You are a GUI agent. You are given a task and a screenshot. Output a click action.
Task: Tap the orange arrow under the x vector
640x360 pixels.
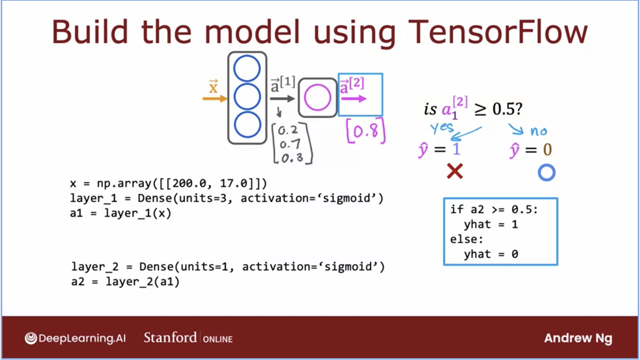215,99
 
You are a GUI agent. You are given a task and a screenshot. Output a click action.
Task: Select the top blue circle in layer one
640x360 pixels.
247,69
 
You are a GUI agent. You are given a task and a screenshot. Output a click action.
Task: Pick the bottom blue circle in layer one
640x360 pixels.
247,125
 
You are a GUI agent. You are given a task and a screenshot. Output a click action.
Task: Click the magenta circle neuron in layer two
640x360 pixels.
317,97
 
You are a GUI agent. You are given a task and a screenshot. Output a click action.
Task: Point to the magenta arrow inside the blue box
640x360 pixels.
354,99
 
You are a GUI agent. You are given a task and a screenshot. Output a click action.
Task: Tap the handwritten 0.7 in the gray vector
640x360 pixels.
290,144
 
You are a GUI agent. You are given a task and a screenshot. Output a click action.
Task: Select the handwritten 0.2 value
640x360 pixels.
288,130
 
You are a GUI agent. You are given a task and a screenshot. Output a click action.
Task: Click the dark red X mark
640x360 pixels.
455,171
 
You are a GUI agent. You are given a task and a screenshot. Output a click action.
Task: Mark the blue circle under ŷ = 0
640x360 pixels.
547,173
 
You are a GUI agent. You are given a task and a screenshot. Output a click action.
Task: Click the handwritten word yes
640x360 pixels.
442,127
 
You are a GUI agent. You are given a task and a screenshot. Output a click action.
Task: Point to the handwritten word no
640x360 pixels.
539,131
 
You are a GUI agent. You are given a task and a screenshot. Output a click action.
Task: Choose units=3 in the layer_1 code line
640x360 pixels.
203,199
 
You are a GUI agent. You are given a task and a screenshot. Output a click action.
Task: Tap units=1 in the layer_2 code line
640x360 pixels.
204,267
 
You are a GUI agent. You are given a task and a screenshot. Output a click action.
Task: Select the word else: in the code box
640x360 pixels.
467,239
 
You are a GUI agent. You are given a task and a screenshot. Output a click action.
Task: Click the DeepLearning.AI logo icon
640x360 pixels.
31,338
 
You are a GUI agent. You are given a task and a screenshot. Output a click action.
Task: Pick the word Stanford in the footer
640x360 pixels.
170,337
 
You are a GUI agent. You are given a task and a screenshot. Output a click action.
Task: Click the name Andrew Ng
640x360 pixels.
578,338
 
